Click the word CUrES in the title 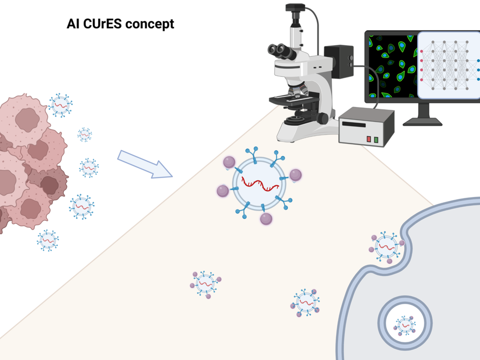tap(102, 24)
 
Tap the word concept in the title tap(150, 24)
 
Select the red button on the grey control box tap(369, 139)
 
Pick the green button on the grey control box tap(376, 140)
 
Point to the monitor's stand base tap(422, 122)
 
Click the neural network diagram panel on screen tap(449, 65)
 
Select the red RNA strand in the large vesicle tap(260, 184)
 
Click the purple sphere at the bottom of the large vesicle tap(266, 219)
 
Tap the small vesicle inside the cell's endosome tap(405, 325)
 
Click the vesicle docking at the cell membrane tap(387, 247)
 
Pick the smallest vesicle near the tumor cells tap(84, 135)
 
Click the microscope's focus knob tap(322, 118)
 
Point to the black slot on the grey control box tap(354, 124)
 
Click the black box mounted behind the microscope tap(339, 61)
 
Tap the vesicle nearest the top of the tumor tap(60, 105)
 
